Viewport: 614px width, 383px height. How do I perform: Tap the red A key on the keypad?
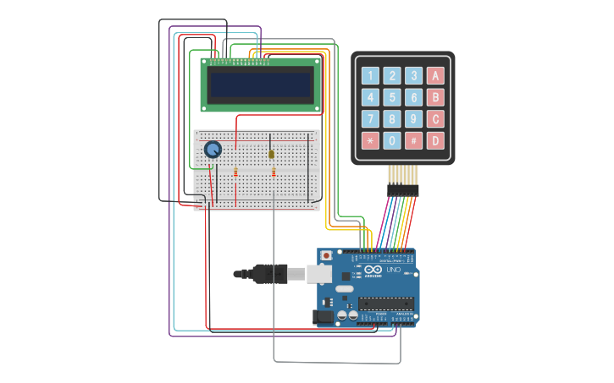click(x=435, y=75)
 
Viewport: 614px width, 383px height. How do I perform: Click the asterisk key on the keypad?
click(x=370, y=140)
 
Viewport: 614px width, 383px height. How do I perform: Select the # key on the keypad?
click(x=413, y=140)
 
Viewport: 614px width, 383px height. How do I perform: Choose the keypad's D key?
click(x=435, y=140)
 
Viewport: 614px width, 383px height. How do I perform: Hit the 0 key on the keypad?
click(x=392, y=140)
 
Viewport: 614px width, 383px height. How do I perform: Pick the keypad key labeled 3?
click(x=413, y=75)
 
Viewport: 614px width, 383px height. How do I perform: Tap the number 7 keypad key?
click(x=370, y=118)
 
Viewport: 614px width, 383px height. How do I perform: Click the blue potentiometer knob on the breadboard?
click(x=213, y=150)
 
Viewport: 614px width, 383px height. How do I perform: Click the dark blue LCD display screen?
click(x=261, y=85)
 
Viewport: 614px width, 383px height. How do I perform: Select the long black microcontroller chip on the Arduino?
click(x=386, y=304)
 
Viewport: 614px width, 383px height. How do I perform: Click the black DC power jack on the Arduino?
click(x=323, y=317)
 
